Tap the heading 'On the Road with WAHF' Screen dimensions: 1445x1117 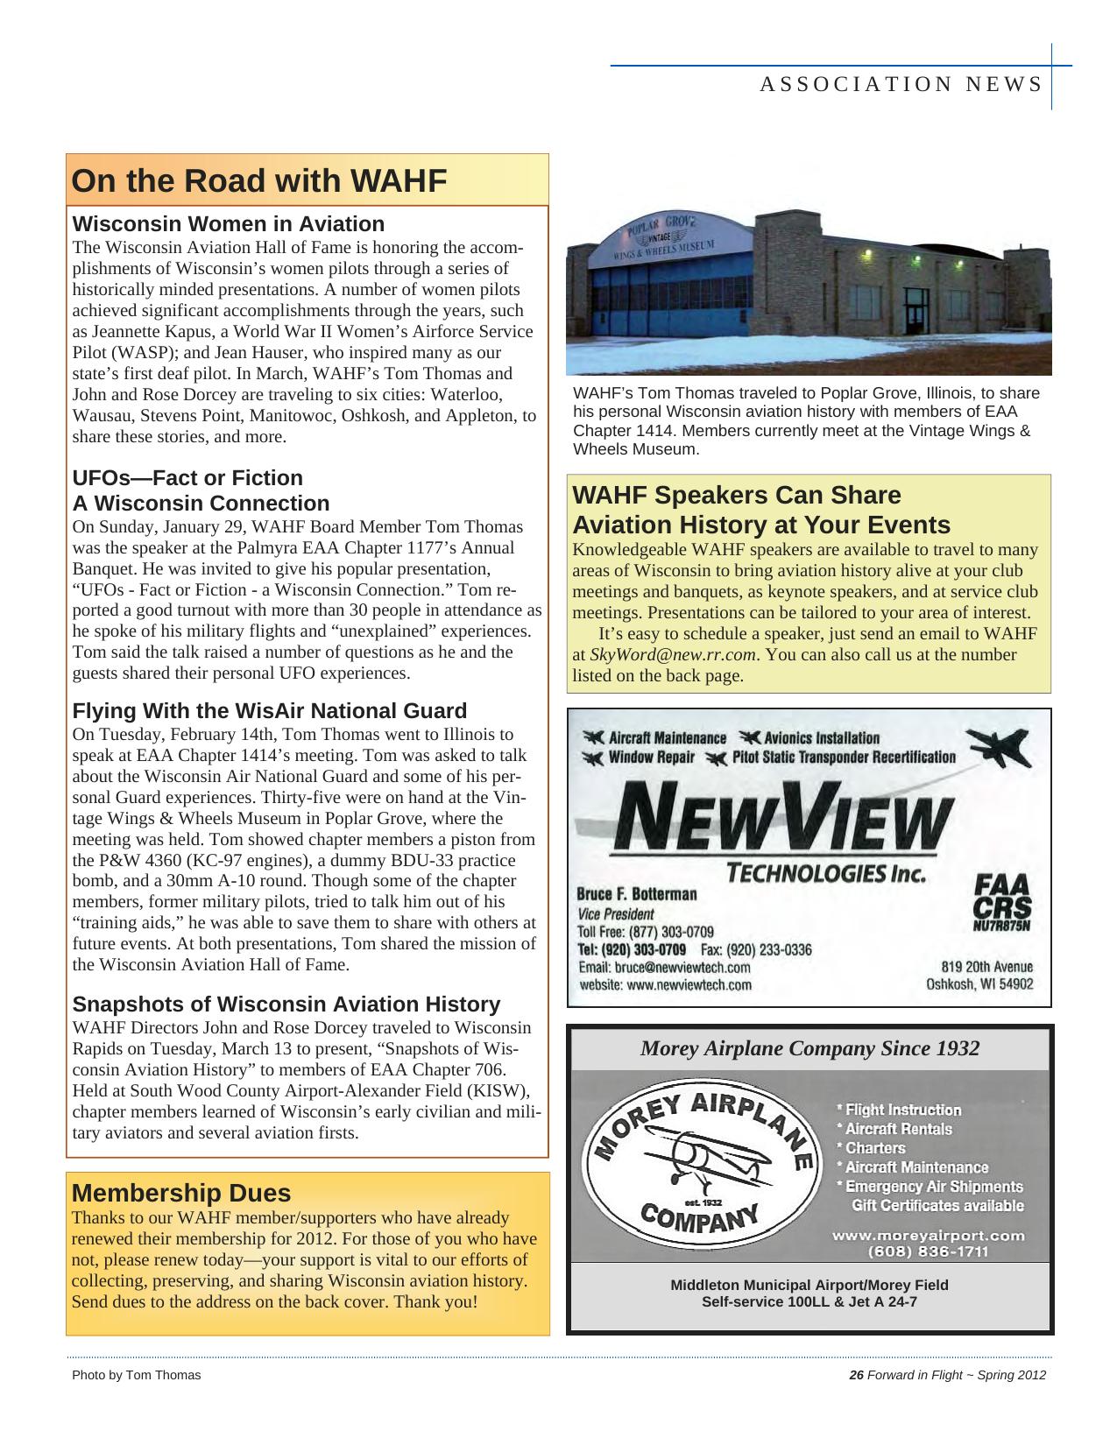(x=258, y=180)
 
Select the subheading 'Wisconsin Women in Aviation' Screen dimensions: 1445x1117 (x=228, y=223)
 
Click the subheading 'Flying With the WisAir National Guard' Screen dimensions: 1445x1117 (x=269, y=710)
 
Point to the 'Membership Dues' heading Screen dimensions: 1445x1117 (x=180, y=1193)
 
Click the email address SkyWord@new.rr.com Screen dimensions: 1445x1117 (x=672, y=655)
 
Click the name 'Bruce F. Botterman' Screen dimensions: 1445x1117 (x=636, y=894)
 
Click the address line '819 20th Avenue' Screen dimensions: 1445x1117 (x=986, y=967)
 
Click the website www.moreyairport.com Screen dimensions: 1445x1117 (x=927, y=1236)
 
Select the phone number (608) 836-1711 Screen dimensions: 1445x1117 (x=927, y=1251)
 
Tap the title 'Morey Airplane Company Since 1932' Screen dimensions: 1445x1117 (x=809, y=1048)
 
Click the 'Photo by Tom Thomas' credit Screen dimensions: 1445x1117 (x=136, y=1375)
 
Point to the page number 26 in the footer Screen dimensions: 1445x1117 (x=856, y=1375)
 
